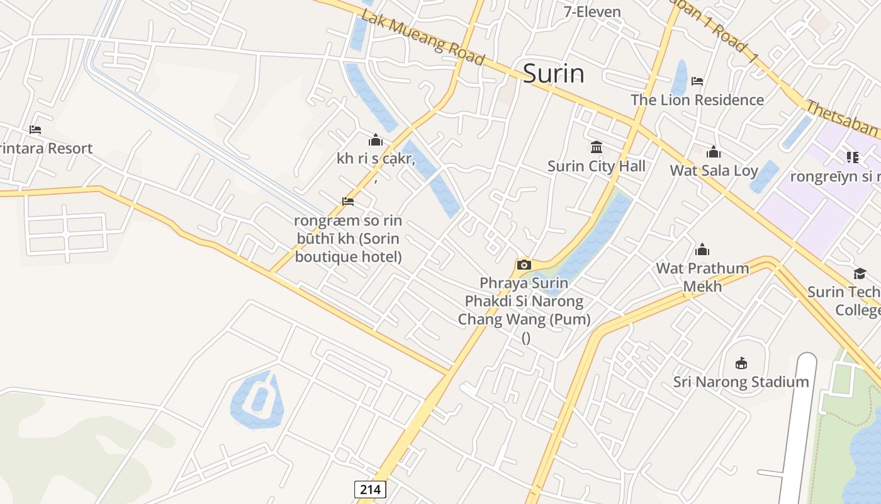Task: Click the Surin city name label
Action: pos(553,74)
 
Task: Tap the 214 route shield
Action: pos(370,489)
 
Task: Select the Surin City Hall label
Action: pos(596,166)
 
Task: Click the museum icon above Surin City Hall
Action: pos(597,147)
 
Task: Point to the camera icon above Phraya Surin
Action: pos(524,265)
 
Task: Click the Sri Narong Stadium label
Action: pos(741,382)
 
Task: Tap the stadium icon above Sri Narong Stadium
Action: pos(741,363)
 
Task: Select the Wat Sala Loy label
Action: pos(714,170)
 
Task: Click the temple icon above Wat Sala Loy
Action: pos(714,152)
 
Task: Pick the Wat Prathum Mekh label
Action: pos(702,277)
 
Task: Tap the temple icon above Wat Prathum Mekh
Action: pos(702,249)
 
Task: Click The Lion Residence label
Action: pos(697,100)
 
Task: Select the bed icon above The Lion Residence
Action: pos(697,81)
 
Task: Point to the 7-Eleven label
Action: pos(592,11)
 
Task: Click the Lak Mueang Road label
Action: pos(423,38)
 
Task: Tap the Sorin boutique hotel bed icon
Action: pos(348,202)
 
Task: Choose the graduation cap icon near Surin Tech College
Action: pos(860,273)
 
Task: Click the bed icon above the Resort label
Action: pos(35,130)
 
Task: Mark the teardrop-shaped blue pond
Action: pos(257,400)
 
